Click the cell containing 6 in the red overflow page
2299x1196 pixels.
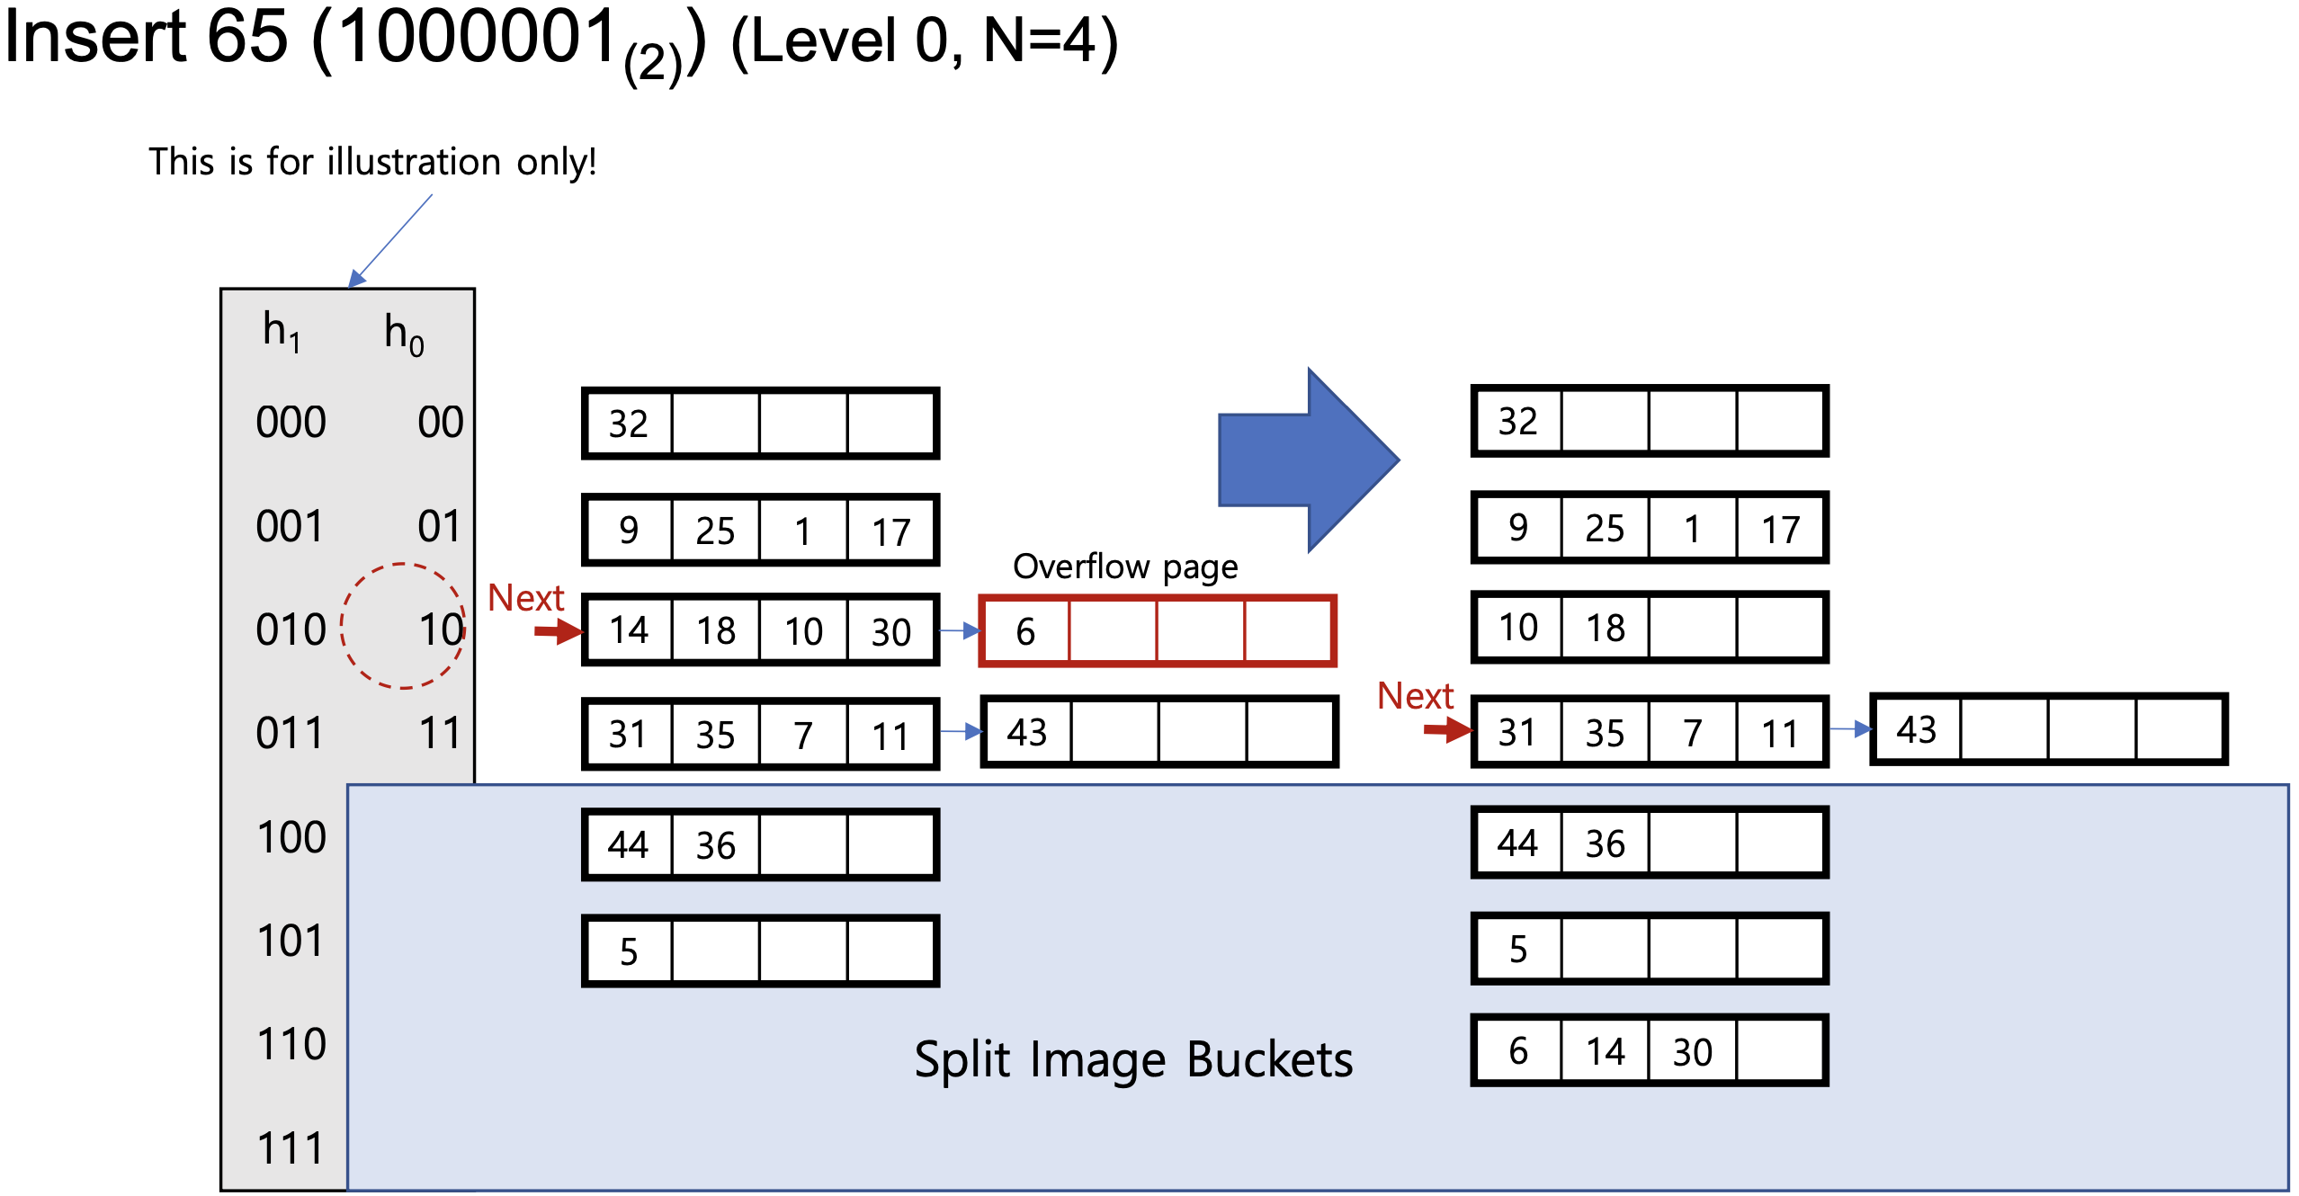click(x=1025, y=631)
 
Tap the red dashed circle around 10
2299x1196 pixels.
click(x=403, y=626)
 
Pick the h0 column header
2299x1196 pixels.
click(x=404, y=334)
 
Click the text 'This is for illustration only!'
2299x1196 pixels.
click(x=372, y=162)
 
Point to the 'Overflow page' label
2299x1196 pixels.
click(x=1125, y=567)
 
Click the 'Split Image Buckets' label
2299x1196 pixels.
click(x=1133, y=1059)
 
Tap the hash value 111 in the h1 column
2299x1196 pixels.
click(x=290, y=1148)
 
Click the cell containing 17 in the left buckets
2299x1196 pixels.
click(x=891, y=531)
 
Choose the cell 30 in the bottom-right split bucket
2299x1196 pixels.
click(x=1692, y=1051)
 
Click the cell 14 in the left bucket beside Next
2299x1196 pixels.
click(x=629, y=630)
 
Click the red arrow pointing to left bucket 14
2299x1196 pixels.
click(x=559, y=632)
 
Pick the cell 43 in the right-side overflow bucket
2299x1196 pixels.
click(x=1916, y=730)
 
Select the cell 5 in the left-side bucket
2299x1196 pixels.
click(x=629, y=951)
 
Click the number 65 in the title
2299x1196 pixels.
click(x=247, y=38)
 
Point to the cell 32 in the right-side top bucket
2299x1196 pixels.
click(x=1517, y=422)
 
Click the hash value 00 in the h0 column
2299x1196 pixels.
click(x=441, y=422)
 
